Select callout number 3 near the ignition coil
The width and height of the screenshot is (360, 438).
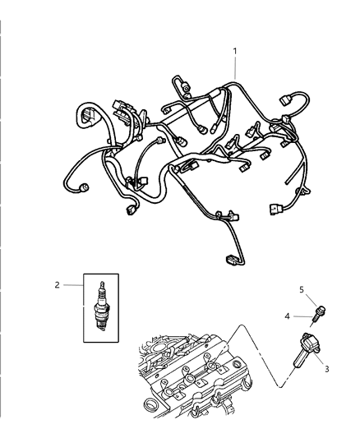coord(326,369)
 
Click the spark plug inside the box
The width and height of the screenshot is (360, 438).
coord(101,307)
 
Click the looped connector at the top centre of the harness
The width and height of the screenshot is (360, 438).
coord(179,85)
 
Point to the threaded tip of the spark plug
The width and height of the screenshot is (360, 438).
coord(101,326)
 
